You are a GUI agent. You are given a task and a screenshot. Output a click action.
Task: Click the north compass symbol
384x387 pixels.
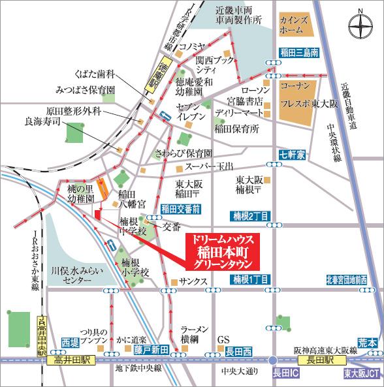click(360, 27)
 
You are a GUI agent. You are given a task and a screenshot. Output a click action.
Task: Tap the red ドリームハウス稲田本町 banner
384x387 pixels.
click(223, 250)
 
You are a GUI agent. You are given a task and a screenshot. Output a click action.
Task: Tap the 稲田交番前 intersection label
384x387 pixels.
click(180, 209)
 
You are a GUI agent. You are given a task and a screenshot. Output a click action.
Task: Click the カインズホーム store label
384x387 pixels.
click(293, 24)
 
